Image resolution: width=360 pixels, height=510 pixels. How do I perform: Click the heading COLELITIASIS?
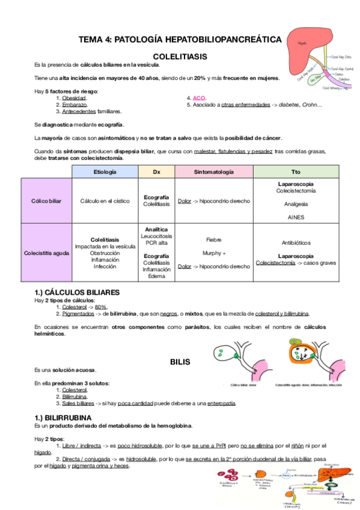(x=180, y=56)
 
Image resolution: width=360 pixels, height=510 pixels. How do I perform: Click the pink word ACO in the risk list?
(x=199, y=97)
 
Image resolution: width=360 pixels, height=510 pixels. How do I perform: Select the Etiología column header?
(x=105, y=171)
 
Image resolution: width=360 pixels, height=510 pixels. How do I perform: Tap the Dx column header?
(x=157, y=171)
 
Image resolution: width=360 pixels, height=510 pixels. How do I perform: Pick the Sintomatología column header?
(x=213, y=171)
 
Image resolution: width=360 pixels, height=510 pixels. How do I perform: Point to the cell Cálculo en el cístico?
(x=105, y=200)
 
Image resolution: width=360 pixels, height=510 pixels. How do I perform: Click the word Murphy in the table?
(x=212, y=253)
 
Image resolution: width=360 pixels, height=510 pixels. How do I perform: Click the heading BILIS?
(x=180, y=362)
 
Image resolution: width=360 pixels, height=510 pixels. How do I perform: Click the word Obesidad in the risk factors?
(x=75, y=97)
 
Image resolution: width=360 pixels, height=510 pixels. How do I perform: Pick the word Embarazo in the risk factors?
(x=75, y=105)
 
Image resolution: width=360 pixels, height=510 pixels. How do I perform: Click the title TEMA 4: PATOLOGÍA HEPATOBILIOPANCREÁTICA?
(x=180, y=39)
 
